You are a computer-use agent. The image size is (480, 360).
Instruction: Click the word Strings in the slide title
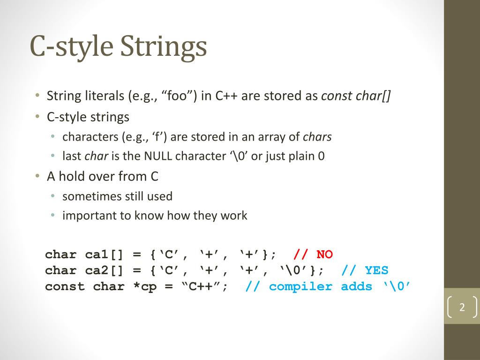tap(164, 47)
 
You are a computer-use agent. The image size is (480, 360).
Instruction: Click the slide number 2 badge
tap(462, 307)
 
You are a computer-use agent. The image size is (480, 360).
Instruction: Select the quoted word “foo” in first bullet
tap(179, 96)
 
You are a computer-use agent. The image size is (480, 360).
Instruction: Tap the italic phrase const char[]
tap(356, 96)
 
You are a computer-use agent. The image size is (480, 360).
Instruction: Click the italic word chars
tap(317, 137)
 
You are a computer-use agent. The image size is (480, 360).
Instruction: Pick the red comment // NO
tap(313, 255)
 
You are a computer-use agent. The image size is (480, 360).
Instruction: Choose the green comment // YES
tap(365, 270)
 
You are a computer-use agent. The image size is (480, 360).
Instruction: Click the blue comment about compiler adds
tap(328, 286)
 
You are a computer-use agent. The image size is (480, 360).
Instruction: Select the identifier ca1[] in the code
tap(104, 255)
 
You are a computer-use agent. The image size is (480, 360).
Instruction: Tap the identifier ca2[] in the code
tap(104, 270)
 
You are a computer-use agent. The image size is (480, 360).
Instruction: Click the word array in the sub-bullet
tap(274, 137)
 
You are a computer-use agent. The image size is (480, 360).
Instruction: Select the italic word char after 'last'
tap(97, 156)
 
